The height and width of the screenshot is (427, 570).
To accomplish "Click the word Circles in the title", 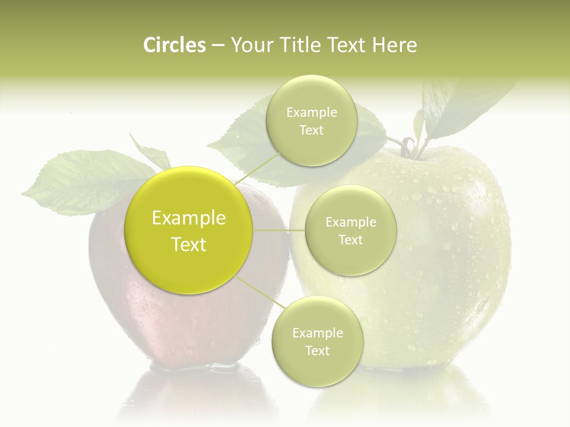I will [x=174, y=45].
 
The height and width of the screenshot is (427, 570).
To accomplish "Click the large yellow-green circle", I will [x=189, y=230].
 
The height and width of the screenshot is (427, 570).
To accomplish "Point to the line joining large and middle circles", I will [x=279, y=231].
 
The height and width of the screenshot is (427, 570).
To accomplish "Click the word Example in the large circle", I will [x=189, y=218].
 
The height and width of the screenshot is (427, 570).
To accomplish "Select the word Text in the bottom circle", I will [x=317, y=350].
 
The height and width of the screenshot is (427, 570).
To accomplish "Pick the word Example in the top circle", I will [x=312, y=113].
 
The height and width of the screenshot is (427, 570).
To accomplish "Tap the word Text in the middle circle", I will [x=350, y=240].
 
